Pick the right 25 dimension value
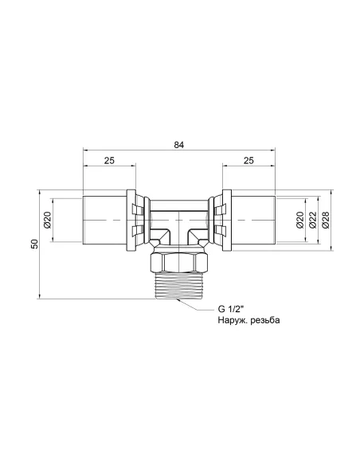pos(249,162)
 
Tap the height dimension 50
pos(34,244)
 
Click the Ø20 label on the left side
pos(47,218)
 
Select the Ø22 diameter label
pos(312,219)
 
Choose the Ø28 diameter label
pos(326,219)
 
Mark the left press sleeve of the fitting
pos(104,218)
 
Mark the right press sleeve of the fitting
pos(253,218)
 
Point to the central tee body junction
pos(179,224)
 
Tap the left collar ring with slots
pos(135,218)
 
